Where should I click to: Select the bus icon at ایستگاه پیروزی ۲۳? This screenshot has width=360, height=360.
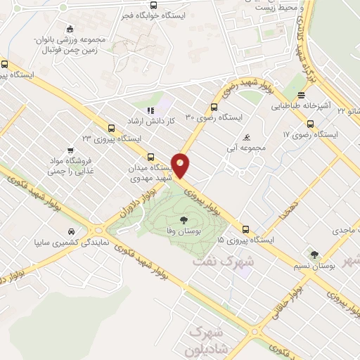111,128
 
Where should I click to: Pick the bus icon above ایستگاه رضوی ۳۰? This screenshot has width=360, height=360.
214,108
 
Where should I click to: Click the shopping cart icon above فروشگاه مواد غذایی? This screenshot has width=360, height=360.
70,150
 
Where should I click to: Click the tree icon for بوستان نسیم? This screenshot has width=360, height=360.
314,255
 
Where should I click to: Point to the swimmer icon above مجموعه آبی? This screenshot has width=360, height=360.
245,138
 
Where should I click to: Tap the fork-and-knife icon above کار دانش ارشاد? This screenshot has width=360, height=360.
150,110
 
